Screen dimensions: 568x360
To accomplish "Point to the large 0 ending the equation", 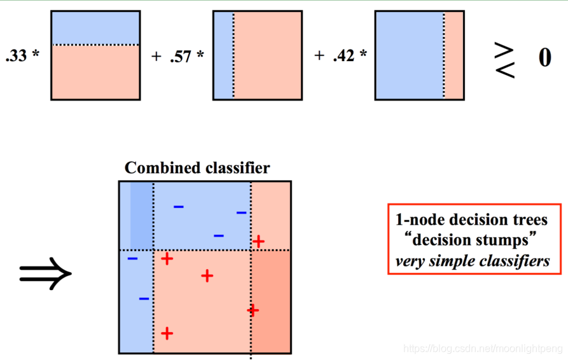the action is (x=545, y=57).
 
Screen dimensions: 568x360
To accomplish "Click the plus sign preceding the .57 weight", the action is (x=156, y=56).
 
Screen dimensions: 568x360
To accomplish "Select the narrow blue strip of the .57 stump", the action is (x=223, y=55).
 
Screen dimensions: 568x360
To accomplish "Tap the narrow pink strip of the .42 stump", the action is (x=454, y=55).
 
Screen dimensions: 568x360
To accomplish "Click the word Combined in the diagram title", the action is (x=155, y=168).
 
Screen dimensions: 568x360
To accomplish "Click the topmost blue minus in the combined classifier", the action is (x=179, y=207).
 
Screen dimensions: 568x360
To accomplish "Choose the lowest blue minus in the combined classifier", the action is (x=144, y=298).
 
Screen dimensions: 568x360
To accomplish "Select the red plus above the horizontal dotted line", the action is (x=258, y=241).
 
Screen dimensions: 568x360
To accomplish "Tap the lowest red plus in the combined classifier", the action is (x=167, y=333).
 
